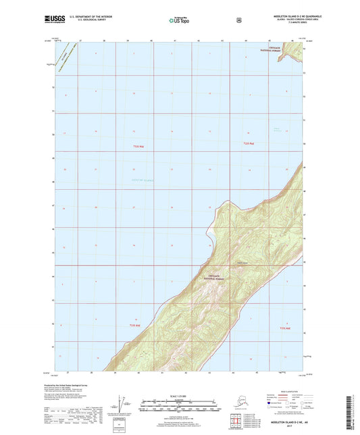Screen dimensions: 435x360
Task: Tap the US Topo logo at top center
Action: coord(179,21)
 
